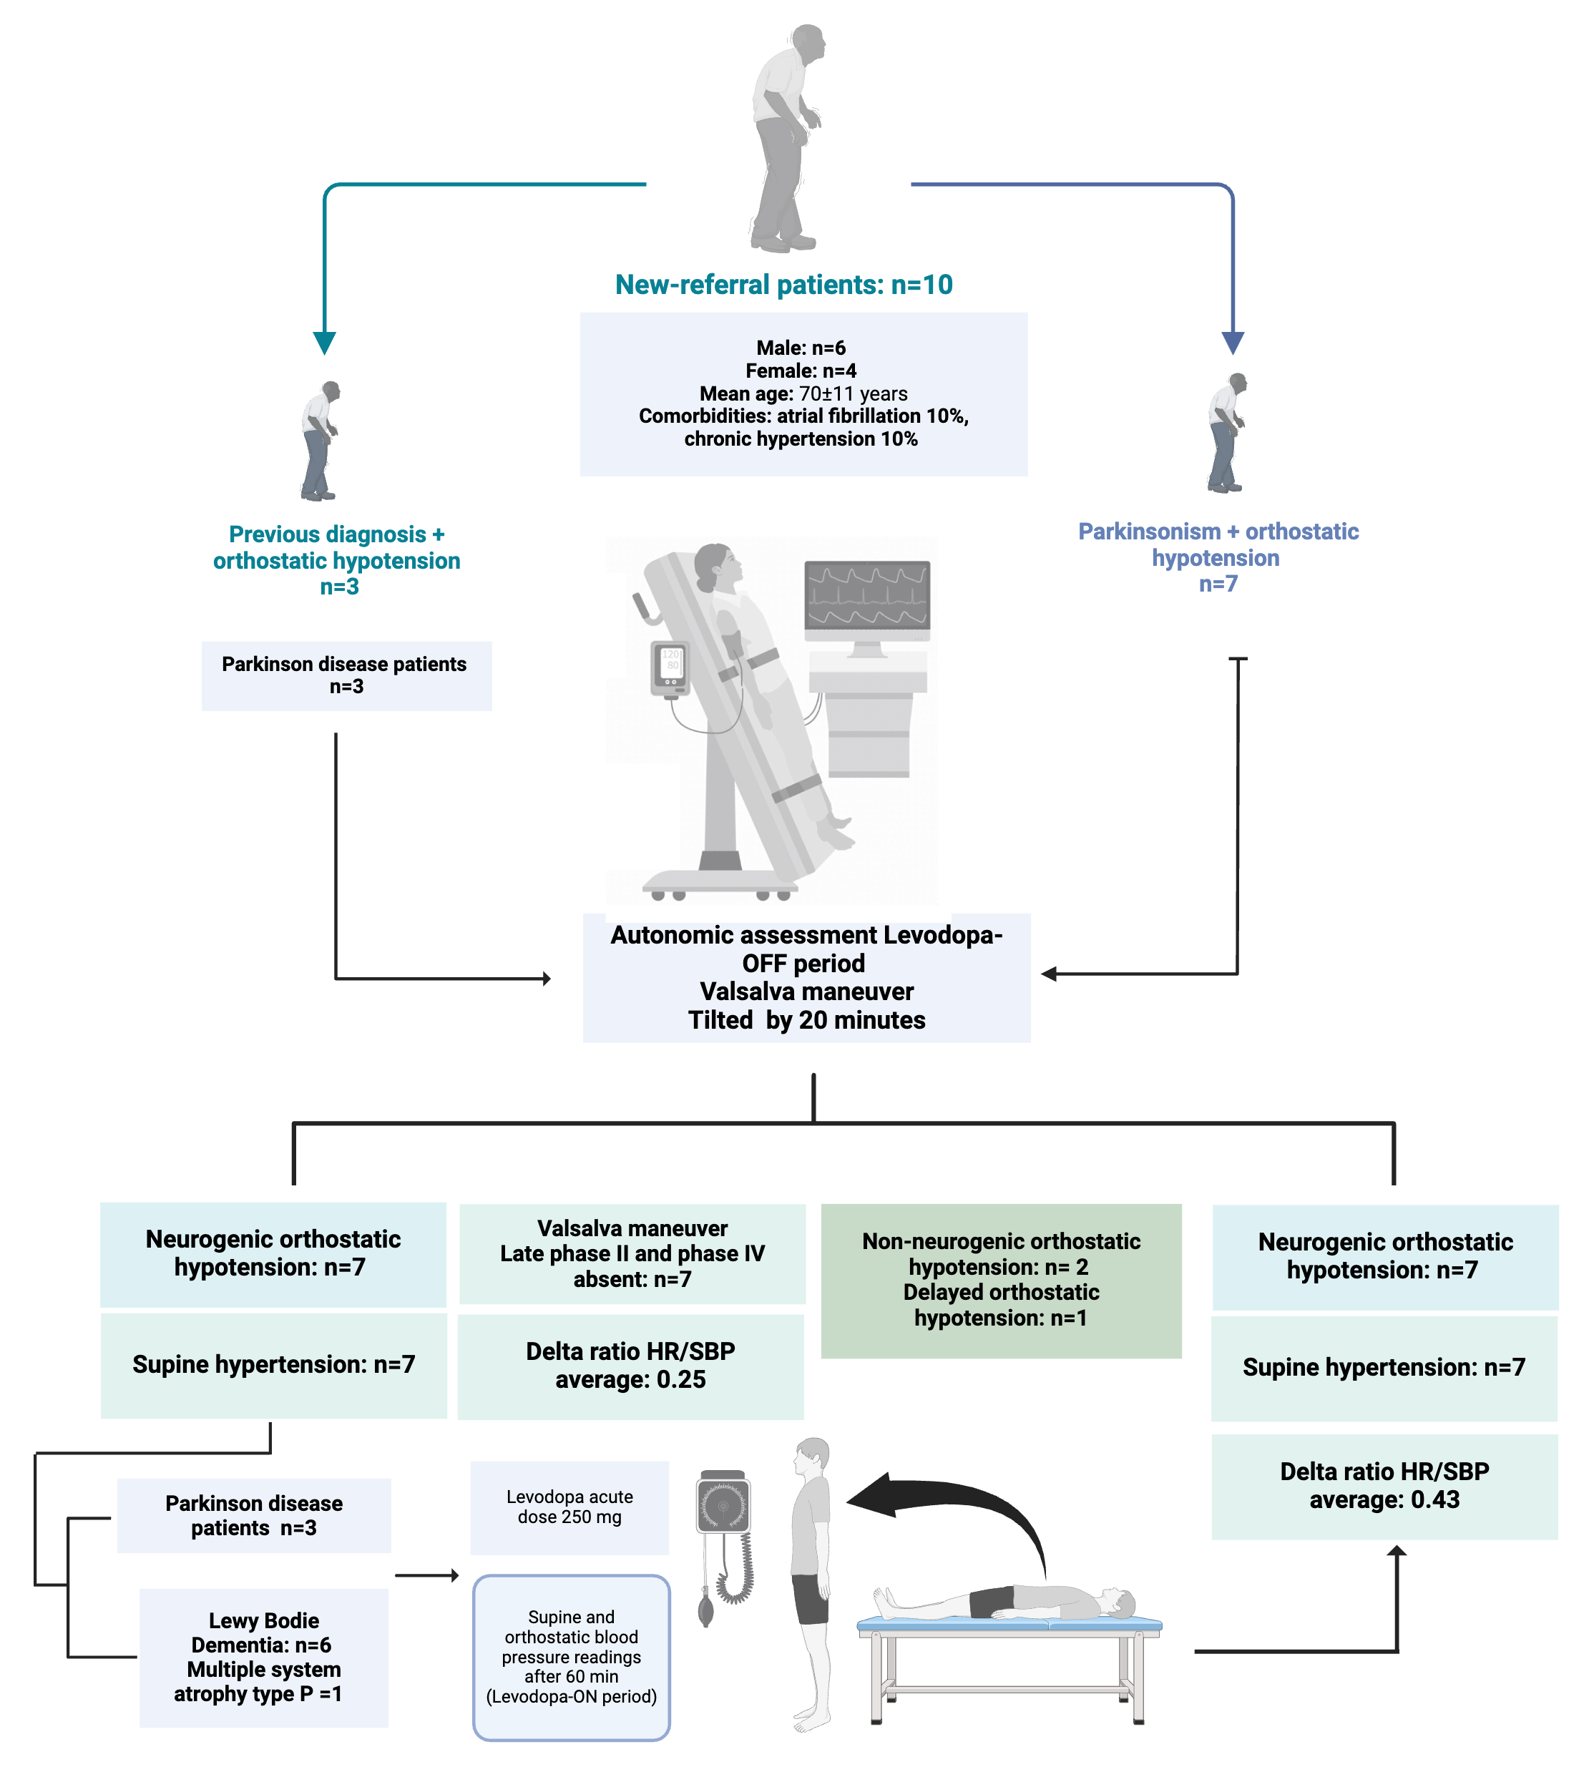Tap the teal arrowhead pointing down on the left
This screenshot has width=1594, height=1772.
pos(325,343)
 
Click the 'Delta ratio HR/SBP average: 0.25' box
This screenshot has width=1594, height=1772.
pos(630,1365)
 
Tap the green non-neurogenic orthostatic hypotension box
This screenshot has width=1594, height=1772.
pos(1001,1280)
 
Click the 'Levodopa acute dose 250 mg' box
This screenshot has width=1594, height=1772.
pos(569,1507)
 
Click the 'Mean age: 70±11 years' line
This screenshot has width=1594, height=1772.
pos(803,393)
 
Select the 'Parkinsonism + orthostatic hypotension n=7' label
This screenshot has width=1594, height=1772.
pos(1218,557)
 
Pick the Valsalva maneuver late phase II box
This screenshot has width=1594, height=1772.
pos(632,1253)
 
